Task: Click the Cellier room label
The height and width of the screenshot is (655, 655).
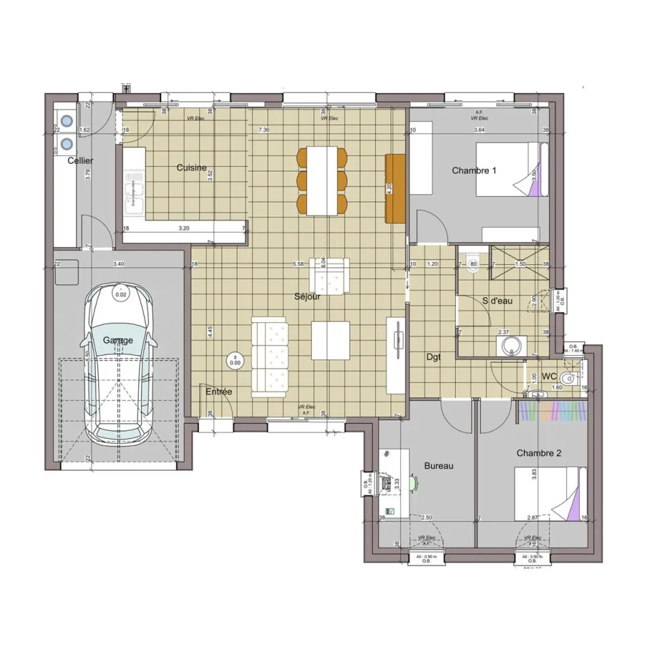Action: click(80, 160)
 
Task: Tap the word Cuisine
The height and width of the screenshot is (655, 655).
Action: click(191, 168)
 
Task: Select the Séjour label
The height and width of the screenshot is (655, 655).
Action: click(307, 296)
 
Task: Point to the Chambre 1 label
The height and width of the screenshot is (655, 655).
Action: click(474, 170)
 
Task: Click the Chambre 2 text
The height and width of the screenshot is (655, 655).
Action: click(538, 453)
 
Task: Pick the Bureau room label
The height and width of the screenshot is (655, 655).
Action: click(439, 466)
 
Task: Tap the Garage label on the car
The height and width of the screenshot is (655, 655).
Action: click(118, 340)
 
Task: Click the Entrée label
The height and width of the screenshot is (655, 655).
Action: click(219, 392)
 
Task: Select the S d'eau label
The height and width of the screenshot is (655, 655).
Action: click(497, 301)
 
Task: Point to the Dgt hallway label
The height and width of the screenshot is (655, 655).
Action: click(433, 357)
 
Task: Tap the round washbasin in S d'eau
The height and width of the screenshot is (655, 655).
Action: click(510, 345)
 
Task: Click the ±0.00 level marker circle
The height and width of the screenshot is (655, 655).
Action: click(234, 360)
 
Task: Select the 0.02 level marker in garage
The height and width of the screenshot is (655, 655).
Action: click(121, 293)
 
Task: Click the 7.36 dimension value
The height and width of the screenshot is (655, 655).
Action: click(264, 130)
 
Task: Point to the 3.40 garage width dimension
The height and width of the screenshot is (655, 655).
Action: click(119, 264)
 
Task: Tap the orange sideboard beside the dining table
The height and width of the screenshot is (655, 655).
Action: click(396, 188)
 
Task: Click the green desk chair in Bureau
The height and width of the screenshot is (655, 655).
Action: click(413, 483)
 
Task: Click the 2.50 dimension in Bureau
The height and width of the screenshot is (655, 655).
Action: click(426, 517)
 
